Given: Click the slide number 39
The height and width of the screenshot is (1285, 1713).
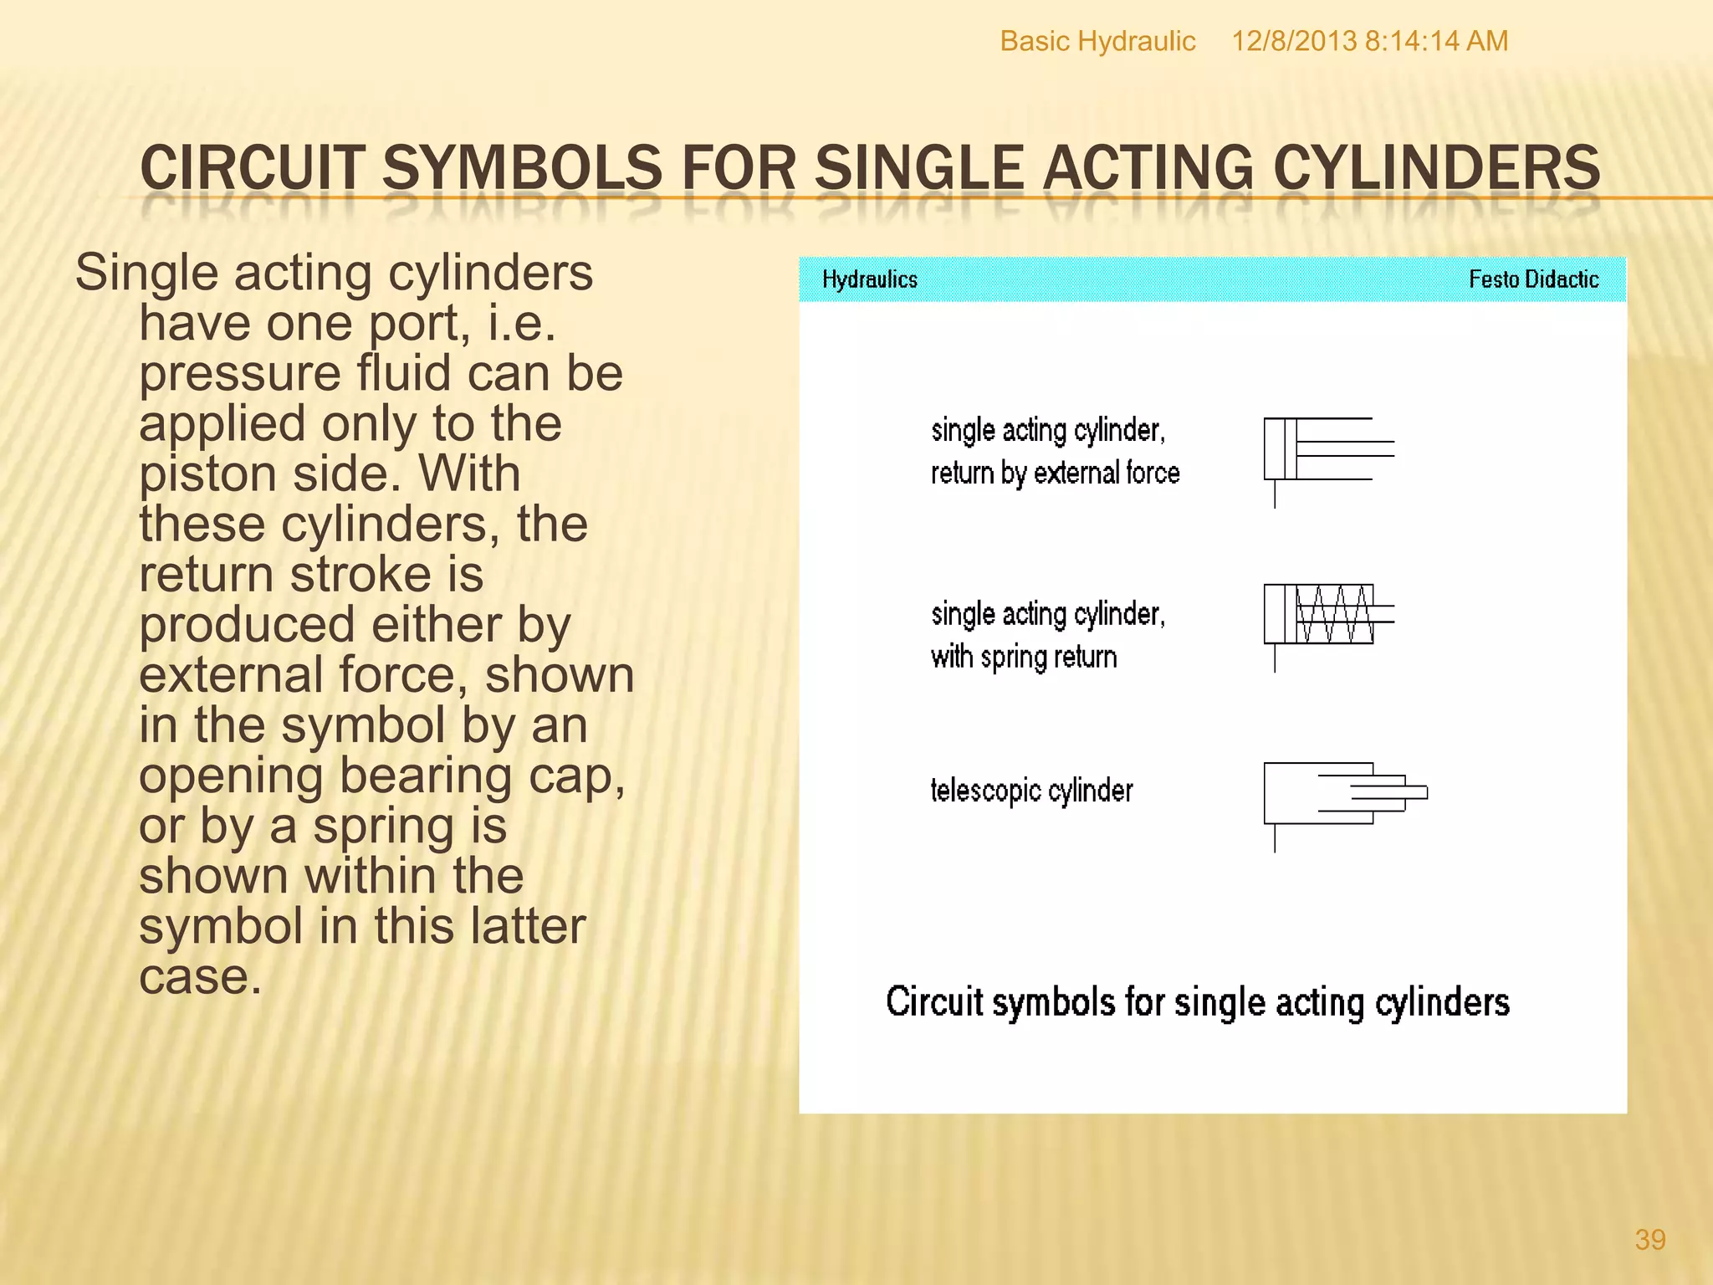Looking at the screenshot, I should click(1649, 1239).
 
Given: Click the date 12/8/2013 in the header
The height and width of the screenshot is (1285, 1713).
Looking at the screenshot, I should click(1293, 41).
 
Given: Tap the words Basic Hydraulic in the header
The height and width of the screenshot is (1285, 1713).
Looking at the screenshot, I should click(1097, 41).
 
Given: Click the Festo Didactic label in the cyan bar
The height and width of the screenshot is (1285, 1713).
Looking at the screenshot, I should click(1533, 279).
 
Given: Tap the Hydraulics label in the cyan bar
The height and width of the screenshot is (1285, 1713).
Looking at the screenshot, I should click(869, 279).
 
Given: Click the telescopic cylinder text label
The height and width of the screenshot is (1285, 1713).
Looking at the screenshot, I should click(1031, 791).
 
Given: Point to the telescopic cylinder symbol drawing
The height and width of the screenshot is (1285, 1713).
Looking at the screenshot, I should click(1343, 799).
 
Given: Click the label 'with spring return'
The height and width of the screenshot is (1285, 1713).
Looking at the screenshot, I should click(1024, 658).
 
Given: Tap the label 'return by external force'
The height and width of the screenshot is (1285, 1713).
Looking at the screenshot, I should click(1055, 474).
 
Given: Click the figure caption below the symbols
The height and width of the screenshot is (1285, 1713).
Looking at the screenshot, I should click(1197, 1002).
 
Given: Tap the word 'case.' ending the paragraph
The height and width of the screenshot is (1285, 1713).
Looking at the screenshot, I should click(200, 977).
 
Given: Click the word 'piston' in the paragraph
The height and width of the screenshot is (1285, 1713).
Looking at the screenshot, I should click(207, 475).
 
